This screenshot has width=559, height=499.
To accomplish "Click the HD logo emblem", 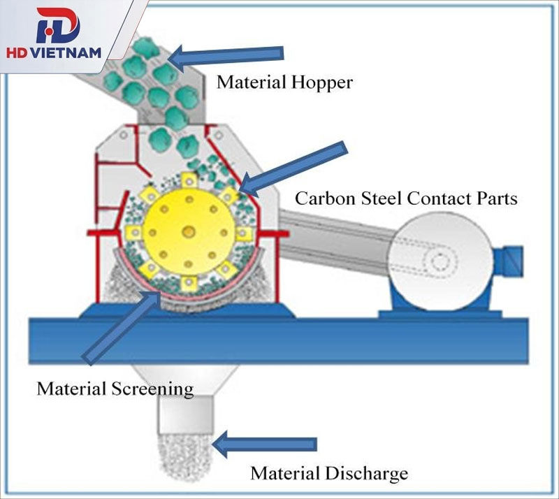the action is [x=59, y=26].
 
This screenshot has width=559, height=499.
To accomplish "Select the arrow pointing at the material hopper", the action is [x=226, y=57].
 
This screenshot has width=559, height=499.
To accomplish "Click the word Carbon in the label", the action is [x=326, y=198].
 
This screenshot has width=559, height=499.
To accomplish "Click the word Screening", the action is [x=152, y=389].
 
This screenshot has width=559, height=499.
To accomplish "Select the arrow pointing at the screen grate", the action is [x=121, y=328].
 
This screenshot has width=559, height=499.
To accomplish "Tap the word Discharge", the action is [x=366, y=474].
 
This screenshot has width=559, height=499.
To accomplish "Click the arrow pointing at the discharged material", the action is [x=264, y=444].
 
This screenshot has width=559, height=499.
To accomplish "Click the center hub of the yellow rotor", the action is [x=188, y=233].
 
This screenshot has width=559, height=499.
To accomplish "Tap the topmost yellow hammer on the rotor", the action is [x=188, y=181].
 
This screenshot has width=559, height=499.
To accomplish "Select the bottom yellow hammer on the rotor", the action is [x=188, y=284].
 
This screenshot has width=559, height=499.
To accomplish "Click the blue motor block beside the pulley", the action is [x=508, y=261].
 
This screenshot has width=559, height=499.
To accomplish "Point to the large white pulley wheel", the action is [x=440, y=261].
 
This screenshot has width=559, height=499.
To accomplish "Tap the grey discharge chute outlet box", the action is [x=185, y=414].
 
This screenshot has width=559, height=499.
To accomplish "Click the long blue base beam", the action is [x=279, y=341].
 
